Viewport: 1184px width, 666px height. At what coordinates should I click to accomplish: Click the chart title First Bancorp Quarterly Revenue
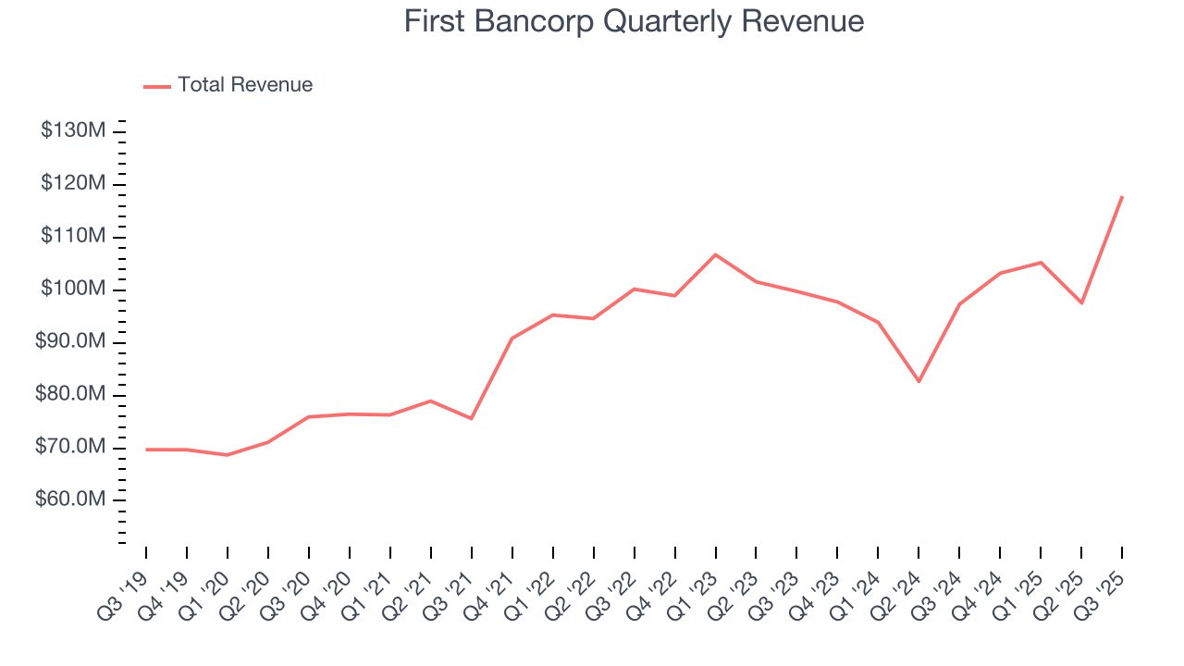pyautogui.click(x=634, y=21)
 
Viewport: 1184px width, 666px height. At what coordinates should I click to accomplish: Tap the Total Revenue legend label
pyautogui.click(x=245, y=85)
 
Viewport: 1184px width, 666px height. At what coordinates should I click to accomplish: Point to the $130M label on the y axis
pyautogui.click(x=73, y=130)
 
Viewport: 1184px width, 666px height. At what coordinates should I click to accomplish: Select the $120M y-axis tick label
pyautogui.click(x=73, y=184)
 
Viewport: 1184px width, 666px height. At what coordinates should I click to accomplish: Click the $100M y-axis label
pyautogui.click(x=73, y=290)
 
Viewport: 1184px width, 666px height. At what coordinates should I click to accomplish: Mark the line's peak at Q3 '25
pyautogui.click(x=1122, y=196)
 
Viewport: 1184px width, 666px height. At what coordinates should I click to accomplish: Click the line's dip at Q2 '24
pyautogui.click(x=919, y=381)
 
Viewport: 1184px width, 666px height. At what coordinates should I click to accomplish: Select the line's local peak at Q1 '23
pyautogui.click(x=715, y=254)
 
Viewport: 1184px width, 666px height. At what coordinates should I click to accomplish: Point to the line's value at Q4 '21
pyautogui.click(x=512, y=339)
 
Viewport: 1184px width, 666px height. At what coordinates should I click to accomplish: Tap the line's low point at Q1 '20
pyautogui.click(x=227, y=455)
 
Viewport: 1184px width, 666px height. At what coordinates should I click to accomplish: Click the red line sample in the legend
pyautogui.click(x=157, y=86)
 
